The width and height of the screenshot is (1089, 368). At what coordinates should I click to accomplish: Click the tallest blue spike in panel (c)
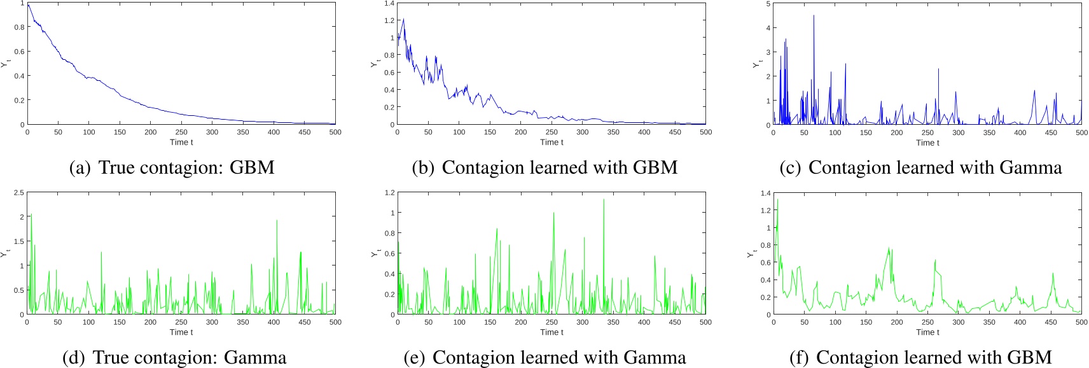[x=814, y=16]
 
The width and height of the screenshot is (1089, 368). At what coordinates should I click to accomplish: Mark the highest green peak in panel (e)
[x=604, y=200]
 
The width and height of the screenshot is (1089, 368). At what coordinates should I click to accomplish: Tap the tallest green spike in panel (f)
[x=777, y=200]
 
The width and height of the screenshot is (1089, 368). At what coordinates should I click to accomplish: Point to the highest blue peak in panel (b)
[x=403, y=19]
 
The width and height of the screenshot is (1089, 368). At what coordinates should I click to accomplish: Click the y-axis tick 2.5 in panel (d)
[x=19, y=193]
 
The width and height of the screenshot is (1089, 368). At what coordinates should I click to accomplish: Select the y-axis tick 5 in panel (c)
[x=768, y=4]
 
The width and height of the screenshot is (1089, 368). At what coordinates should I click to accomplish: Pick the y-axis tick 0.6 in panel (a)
[x=19, y=52]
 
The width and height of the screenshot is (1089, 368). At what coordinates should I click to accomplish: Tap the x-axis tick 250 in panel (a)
[x=181, y=132]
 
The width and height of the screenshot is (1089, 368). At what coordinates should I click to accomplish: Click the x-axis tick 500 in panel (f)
[x=1081, y=322]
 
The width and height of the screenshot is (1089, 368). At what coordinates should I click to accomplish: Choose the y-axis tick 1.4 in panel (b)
[x=389, y=4]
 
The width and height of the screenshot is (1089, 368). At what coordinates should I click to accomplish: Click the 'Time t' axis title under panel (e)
[x=551, y=332]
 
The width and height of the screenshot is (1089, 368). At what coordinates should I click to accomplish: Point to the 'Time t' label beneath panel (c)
[x=927, y=143]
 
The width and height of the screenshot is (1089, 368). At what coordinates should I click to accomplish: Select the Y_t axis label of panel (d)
[x=5, y=253]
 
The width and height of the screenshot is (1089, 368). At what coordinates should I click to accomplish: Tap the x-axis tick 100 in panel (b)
[x=459, y=132]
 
